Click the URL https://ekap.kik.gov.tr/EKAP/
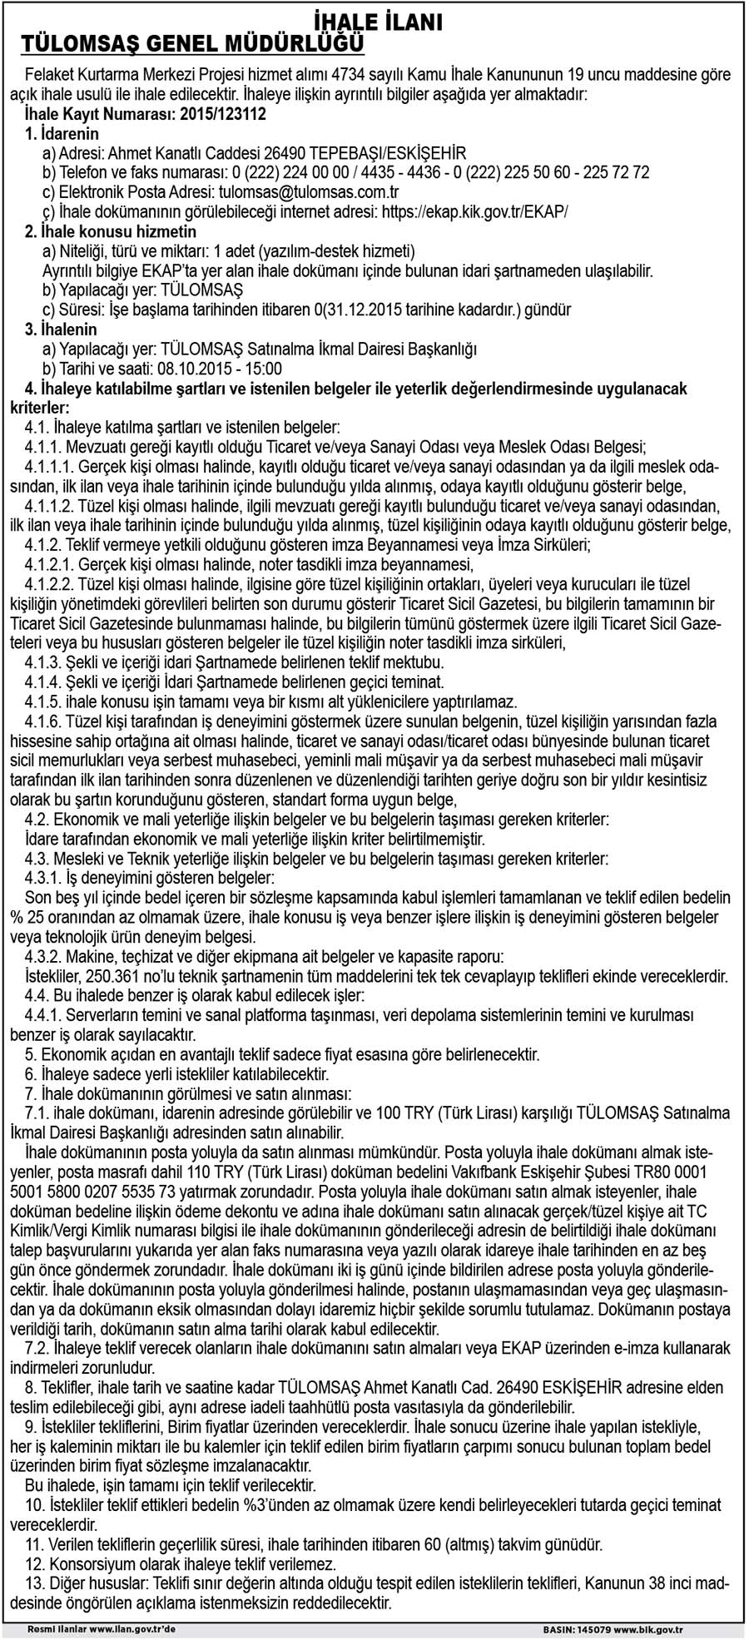point(474,211)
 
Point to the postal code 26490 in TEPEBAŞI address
point(285,153)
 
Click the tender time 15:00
point(265,369)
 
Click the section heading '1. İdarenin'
point(62,133)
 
